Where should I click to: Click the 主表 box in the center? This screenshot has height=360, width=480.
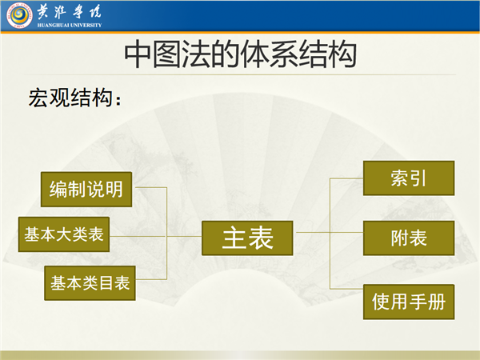[x=247, y=238]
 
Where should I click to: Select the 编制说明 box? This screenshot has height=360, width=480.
[x=86, y=189]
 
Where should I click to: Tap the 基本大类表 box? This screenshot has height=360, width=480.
[x=64, y=234]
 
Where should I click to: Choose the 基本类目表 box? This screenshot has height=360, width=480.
[x=90, y=283]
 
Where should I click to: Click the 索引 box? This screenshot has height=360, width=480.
[x=409, y=178]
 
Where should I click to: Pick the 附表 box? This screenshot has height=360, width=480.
[x=409, y=238]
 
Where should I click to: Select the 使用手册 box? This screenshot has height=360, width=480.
[x=409, y=302]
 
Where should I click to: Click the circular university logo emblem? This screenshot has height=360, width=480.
[x=19, y=15]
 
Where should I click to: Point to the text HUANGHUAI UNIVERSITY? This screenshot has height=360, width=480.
[x=69, y=25]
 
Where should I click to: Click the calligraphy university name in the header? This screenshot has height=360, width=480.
[x=69, y=12]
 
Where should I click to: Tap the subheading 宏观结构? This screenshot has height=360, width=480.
[x=70, y=98]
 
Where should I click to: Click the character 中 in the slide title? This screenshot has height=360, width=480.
[x=138, y=55]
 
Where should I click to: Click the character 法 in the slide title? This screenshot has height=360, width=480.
[x=196, y=55]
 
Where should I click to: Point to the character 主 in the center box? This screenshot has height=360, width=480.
[x=234, y=238]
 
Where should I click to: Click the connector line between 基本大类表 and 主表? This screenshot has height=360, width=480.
[x=155, y=236]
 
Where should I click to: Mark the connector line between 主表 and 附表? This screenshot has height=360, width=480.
[x=328, y=232]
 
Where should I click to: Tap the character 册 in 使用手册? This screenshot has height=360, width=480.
[x=436, y=302]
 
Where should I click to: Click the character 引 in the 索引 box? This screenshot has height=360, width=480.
[x=418, y=178]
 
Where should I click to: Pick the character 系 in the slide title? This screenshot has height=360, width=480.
[x=284, y=55]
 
